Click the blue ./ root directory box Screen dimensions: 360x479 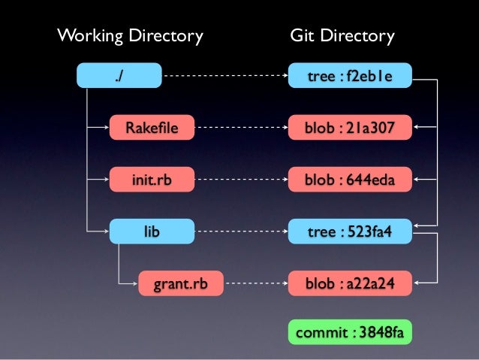pyautogui.click(x=119, y=75)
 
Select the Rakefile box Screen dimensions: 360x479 pyautogui.click(x=152, y=128)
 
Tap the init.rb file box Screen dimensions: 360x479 pyautogui.click(x=152, y=180)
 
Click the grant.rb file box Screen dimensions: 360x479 pyautogui.click(x=180, y=284)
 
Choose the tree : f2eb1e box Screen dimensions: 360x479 pyautogui.click(x=350, y=75)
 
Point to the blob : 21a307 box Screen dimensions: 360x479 pyautogui.click(x=350, y=128)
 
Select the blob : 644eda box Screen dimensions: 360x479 pyautogui.click(x=350, y=180)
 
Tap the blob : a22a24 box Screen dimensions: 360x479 pyautogui.click(x=350, y=284)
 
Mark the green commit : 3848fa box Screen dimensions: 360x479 pyautogui.click(x=350, y=332)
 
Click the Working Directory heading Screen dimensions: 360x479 pyautogui.click(x=131, y=35)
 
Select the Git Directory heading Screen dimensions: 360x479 pyautogui.click(x=342, y=35)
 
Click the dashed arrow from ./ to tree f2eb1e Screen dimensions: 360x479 pyautogui.click(x=225, y=75)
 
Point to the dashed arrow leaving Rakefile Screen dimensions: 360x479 pyautogui.click(x=240, y=128)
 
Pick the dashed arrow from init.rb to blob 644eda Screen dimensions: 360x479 pyautogui.click(x=240, y=180)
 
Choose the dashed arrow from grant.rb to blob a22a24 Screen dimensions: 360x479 pyautogui.click(x=255, y=284)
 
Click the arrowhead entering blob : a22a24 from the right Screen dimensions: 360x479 pyautogui.click(x=417, y=284)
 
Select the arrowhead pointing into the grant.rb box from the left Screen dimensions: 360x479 pyautogui.click(x=134, y=284)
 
